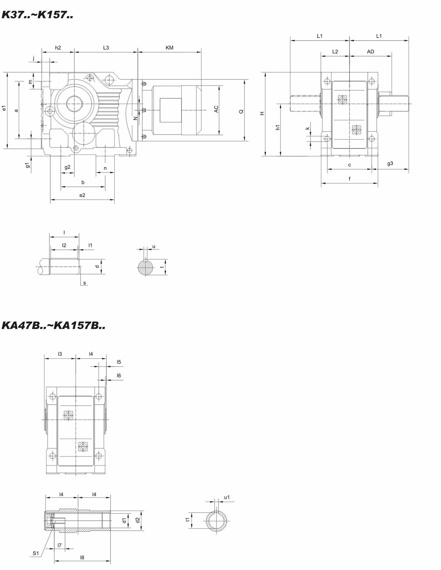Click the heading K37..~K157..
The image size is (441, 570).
(x=37, y=15)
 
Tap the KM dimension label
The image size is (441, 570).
(x=169, y=48)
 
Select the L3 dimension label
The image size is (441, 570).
(x=106, y=48)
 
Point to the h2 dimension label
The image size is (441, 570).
(x=58, y=48)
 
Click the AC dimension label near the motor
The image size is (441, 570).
(x=216, y=109)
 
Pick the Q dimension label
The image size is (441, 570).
(x=241, y=112)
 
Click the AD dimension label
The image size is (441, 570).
(x=370, y=52)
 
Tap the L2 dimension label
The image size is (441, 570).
(x=335, y=52)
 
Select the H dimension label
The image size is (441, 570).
(x=262, y=113)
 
